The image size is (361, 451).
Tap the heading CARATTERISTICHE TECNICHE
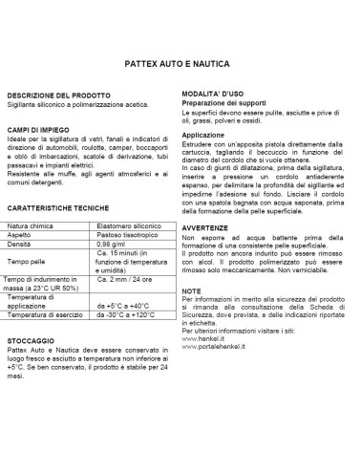coord(61,207)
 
